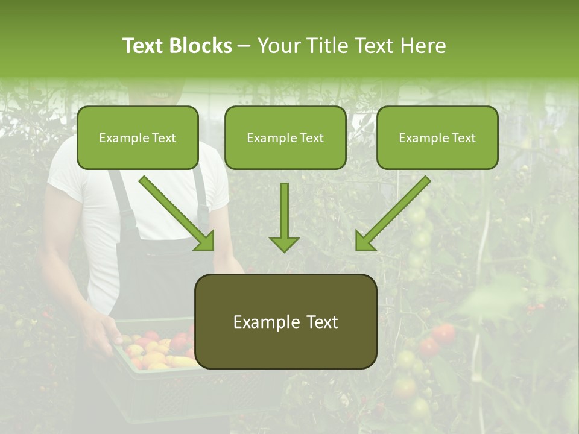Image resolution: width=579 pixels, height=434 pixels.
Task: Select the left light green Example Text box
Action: coord(138,137)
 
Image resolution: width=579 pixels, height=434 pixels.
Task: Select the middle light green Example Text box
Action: coord(285,137)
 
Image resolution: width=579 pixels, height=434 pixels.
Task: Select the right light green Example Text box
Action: coord(437,137)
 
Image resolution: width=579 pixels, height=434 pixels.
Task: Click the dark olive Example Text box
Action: coord(285,321)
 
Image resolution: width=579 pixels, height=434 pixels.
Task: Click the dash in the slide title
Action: coord(244,46)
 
